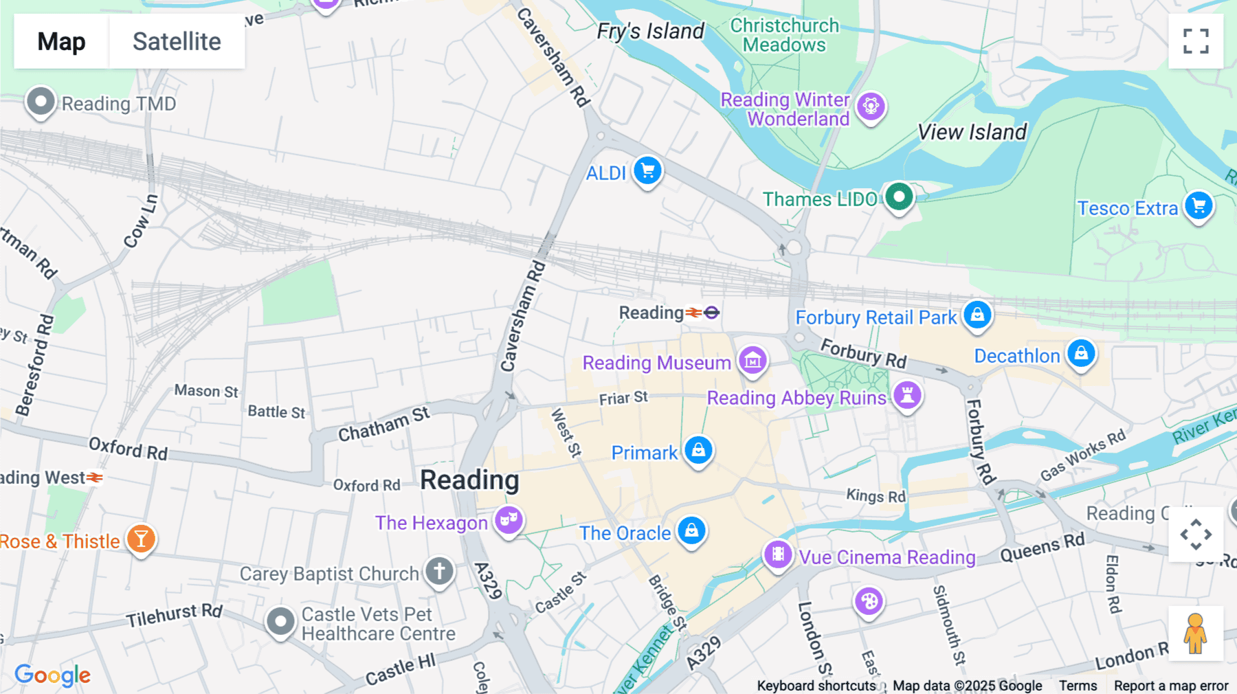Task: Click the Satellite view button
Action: click(177, 41)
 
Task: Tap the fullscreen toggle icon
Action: click(1196, 41)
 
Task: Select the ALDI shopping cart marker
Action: click(647, 171)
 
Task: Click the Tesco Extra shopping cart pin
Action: click(1199, 206)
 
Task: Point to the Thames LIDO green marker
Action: click(898, 197)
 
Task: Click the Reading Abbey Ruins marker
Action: click(907, 396)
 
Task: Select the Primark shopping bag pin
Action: click(698, 451)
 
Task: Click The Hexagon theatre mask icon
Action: click(509, 521)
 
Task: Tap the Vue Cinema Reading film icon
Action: click(778, 554)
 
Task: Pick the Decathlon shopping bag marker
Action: click(1081, 354)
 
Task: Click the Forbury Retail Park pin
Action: click(977, 315)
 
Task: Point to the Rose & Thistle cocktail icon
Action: click(141, 539)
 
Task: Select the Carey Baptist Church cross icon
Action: click(439, 571)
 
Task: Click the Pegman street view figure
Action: click(1195, 634)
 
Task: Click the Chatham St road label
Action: click(383, 424)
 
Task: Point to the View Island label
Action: click(972, 132)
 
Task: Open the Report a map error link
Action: click(1170, 686)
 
